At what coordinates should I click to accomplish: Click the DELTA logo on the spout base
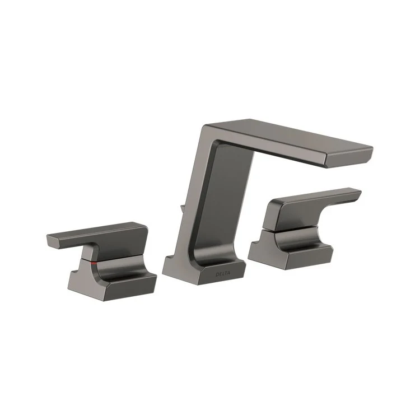(x=222, y=275)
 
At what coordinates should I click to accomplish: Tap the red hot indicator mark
(x=94, y=262)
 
